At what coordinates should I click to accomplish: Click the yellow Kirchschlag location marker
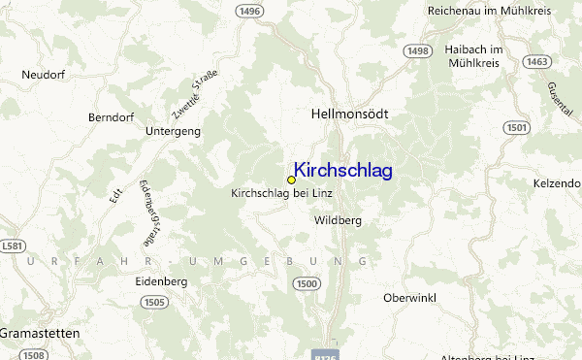click(x=291, y=180)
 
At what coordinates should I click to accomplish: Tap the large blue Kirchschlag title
click(x=342, y=171)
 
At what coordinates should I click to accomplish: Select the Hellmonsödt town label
click(x=349, y=114)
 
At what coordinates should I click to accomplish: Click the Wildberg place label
click(x=339, y=220)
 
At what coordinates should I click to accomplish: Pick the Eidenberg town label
click(x=161, y=281)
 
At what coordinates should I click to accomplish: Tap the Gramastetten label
click(x=41, y=332)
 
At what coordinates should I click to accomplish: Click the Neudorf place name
click(x=42, y=74)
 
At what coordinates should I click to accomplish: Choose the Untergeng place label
click(x=172, y=130)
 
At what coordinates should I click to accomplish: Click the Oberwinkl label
click(x=413, y=297)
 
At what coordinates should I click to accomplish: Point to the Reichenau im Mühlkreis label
click(x=489, y=10)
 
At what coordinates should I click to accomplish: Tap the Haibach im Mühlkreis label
click(x=472, y=56)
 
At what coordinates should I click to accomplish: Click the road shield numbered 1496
click(x=249, y=11)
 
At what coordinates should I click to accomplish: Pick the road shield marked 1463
click(x=535, y=61)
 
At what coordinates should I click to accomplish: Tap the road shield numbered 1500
click(x=307, y=282)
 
